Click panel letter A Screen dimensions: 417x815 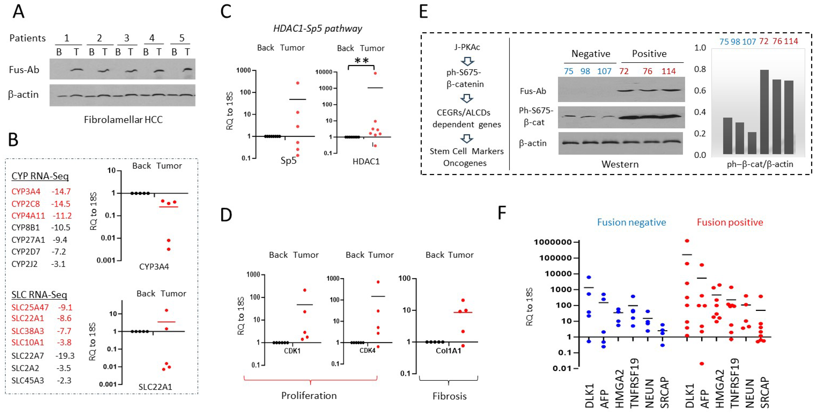point(18,13)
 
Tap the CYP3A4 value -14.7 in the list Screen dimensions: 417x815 point(61,192)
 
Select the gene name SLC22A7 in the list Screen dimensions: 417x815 point(27,356)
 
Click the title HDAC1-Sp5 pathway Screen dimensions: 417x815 point(318,29)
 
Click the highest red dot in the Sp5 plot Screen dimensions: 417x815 point(298,83)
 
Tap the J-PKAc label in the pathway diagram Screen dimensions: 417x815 point(467,47)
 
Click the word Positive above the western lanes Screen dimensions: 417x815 point(649,54)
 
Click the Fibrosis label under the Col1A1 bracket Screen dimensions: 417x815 point(449,396)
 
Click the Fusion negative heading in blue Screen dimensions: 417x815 point(631,222)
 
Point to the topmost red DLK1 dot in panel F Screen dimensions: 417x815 point(687,241)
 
